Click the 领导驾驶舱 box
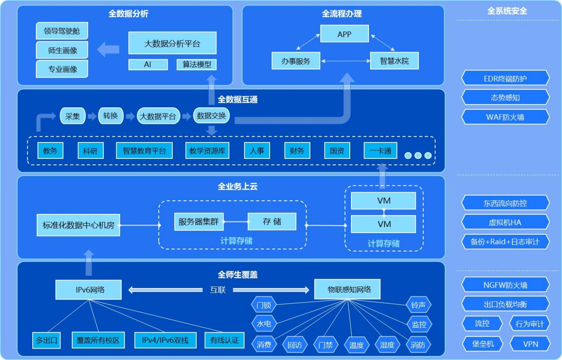[62, 31]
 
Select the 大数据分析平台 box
[172, 43]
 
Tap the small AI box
[148, 64]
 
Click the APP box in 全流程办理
[344, 34]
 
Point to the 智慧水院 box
[394, 61]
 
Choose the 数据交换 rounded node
[211, 116]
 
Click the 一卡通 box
[380, 151]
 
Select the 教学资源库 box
[207, 151]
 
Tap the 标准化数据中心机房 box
[78, 225]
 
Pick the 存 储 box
[272, 222]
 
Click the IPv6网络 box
[89, 290]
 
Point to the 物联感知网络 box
[348, 289]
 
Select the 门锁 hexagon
[264, 305]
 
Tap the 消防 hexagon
[418, 345]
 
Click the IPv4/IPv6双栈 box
[165, 340]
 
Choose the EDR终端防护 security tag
[505, 78]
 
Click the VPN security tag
[531, 344]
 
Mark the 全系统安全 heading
[507, 11]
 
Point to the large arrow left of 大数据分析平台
[108, 49]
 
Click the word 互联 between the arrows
[218, 290]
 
